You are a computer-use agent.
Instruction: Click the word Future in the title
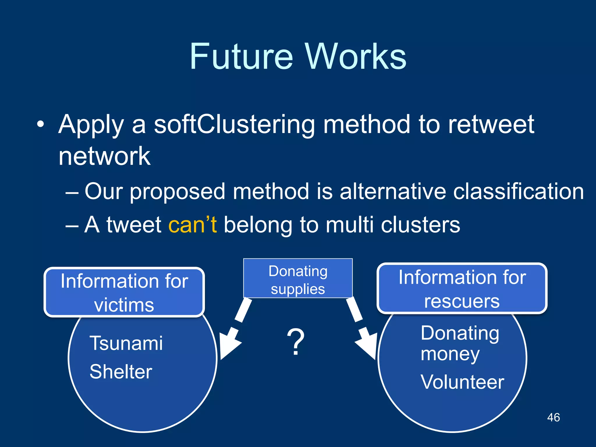(x=241, y=57)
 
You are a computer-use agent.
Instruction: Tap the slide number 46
(x=553, y=417)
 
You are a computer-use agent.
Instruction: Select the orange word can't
(x=193, y=225)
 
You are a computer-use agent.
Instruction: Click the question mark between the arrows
(x=296, y=342)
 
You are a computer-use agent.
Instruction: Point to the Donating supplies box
(x=298, y=279)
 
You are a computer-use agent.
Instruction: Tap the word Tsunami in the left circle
(x=126, y=343)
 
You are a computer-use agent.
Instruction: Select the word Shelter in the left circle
(x=121, y=372)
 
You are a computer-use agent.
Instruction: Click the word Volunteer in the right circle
(x=462, y=382)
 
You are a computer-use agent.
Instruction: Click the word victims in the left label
(x=124, y=305)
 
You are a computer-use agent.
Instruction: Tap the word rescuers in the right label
(x=462, y=301)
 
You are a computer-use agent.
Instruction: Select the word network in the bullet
(x=104, y=157)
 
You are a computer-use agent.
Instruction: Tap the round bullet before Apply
(x=41, y=125)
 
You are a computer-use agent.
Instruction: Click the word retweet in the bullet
(x=491, y=125)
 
